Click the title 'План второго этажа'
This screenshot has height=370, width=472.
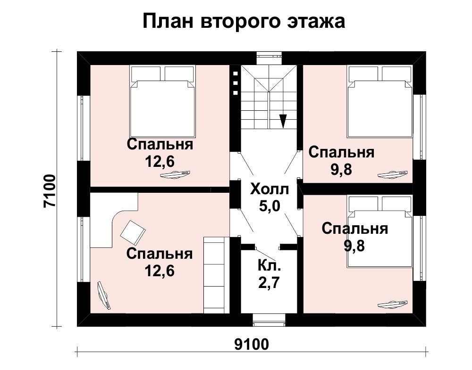(x=244, y=22)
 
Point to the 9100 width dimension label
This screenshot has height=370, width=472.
(x=252, y=345)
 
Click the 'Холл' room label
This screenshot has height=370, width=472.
(x=270, y=189)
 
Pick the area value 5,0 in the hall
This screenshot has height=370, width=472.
(x=270, y=206)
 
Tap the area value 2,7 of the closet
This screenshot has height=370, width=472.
(x=269, y=282)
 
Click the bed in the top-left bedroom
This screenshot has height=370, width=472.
(x=162, y=101)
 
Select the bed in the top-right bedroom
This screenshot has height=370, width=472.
(x=380, y=102)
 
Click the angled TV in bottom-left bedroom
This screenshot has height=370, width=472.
(x=104, y=295)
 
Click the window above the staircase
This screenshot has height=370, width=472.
(x=270, y=58)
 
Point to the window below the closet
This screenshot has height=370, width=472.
(x=269, y=320)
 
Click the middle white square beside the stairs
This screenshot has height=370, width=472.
(x=236, y=83)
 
